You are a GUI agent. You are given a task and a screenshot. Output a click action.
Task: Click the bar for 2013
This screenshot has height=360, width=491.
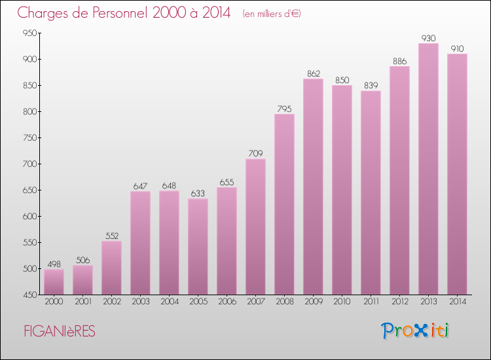pos(428,169)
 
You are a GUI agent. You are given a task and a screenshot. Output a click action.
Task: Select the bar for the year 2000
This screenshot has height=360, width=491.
pos(54,282)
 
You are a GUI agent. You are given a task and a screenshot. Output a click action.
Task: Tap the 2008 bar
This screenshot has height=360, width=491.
pos(284,204)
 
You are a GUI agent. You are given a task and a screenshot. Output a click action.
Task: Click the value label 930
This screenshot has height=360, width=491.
pos(428,39)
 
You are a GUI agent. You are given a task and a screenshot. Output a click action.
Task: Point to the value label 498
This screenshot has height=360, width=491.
pos(54,264)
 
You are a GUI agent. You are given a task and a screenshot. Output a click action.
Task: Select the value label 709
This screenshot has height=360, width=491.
pos(255,154)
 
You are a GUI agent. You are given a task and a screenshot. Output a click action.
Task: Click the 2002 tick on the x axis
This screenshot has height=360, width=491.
pos(111,302)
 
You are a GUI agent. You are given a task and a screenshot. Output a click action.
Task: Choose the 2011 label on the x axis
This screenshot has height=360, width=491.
pos(371,302)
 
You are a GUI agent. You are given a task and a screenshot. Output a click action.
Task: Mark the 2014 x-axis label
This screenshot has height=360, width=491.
pos(457,302)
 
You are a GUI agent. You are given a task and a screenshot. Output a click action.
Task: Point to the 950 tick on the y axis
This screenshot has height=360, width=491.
pos(29,33)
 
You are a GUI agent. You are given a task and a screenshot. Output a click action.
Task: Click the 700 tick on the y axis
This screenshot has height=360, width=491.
pos(29,164)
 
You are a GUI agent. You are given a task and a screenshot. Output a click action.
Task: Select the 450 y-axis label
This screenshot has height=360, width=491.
pos(29,295)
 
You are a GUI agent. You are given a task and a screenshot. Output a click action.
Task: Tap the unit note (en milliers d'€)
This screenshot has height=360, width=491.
pos(271,14)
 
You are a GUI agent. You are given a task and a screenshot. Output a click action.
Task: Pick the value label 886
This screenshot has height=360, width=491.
pos(399,62)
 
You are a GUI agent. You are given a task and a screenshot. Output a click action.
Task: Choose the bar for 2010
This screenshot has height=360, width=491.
pos(342,190)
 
